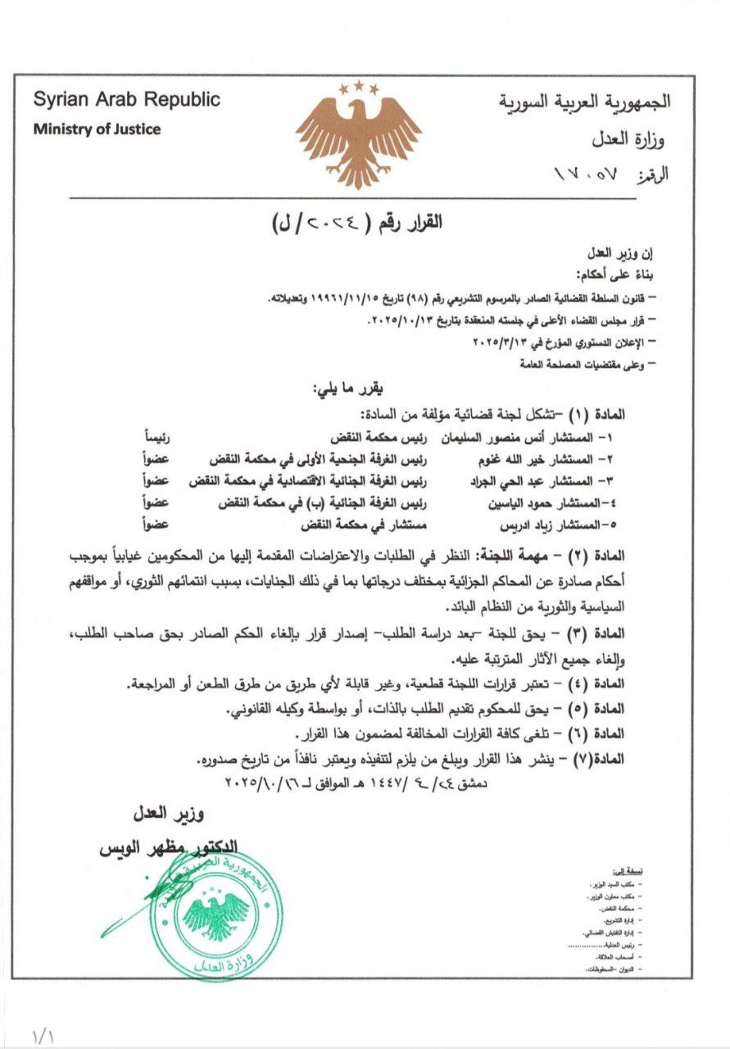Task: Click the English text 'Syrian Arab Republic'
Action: (x=127, y=100)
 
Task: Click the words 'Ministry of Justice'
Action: (x=97, y=129)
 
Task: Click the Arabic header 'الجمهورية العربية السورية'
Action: (x=585, y=102)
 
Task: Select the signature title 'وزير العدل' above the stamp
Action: (x=170, y=815)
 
